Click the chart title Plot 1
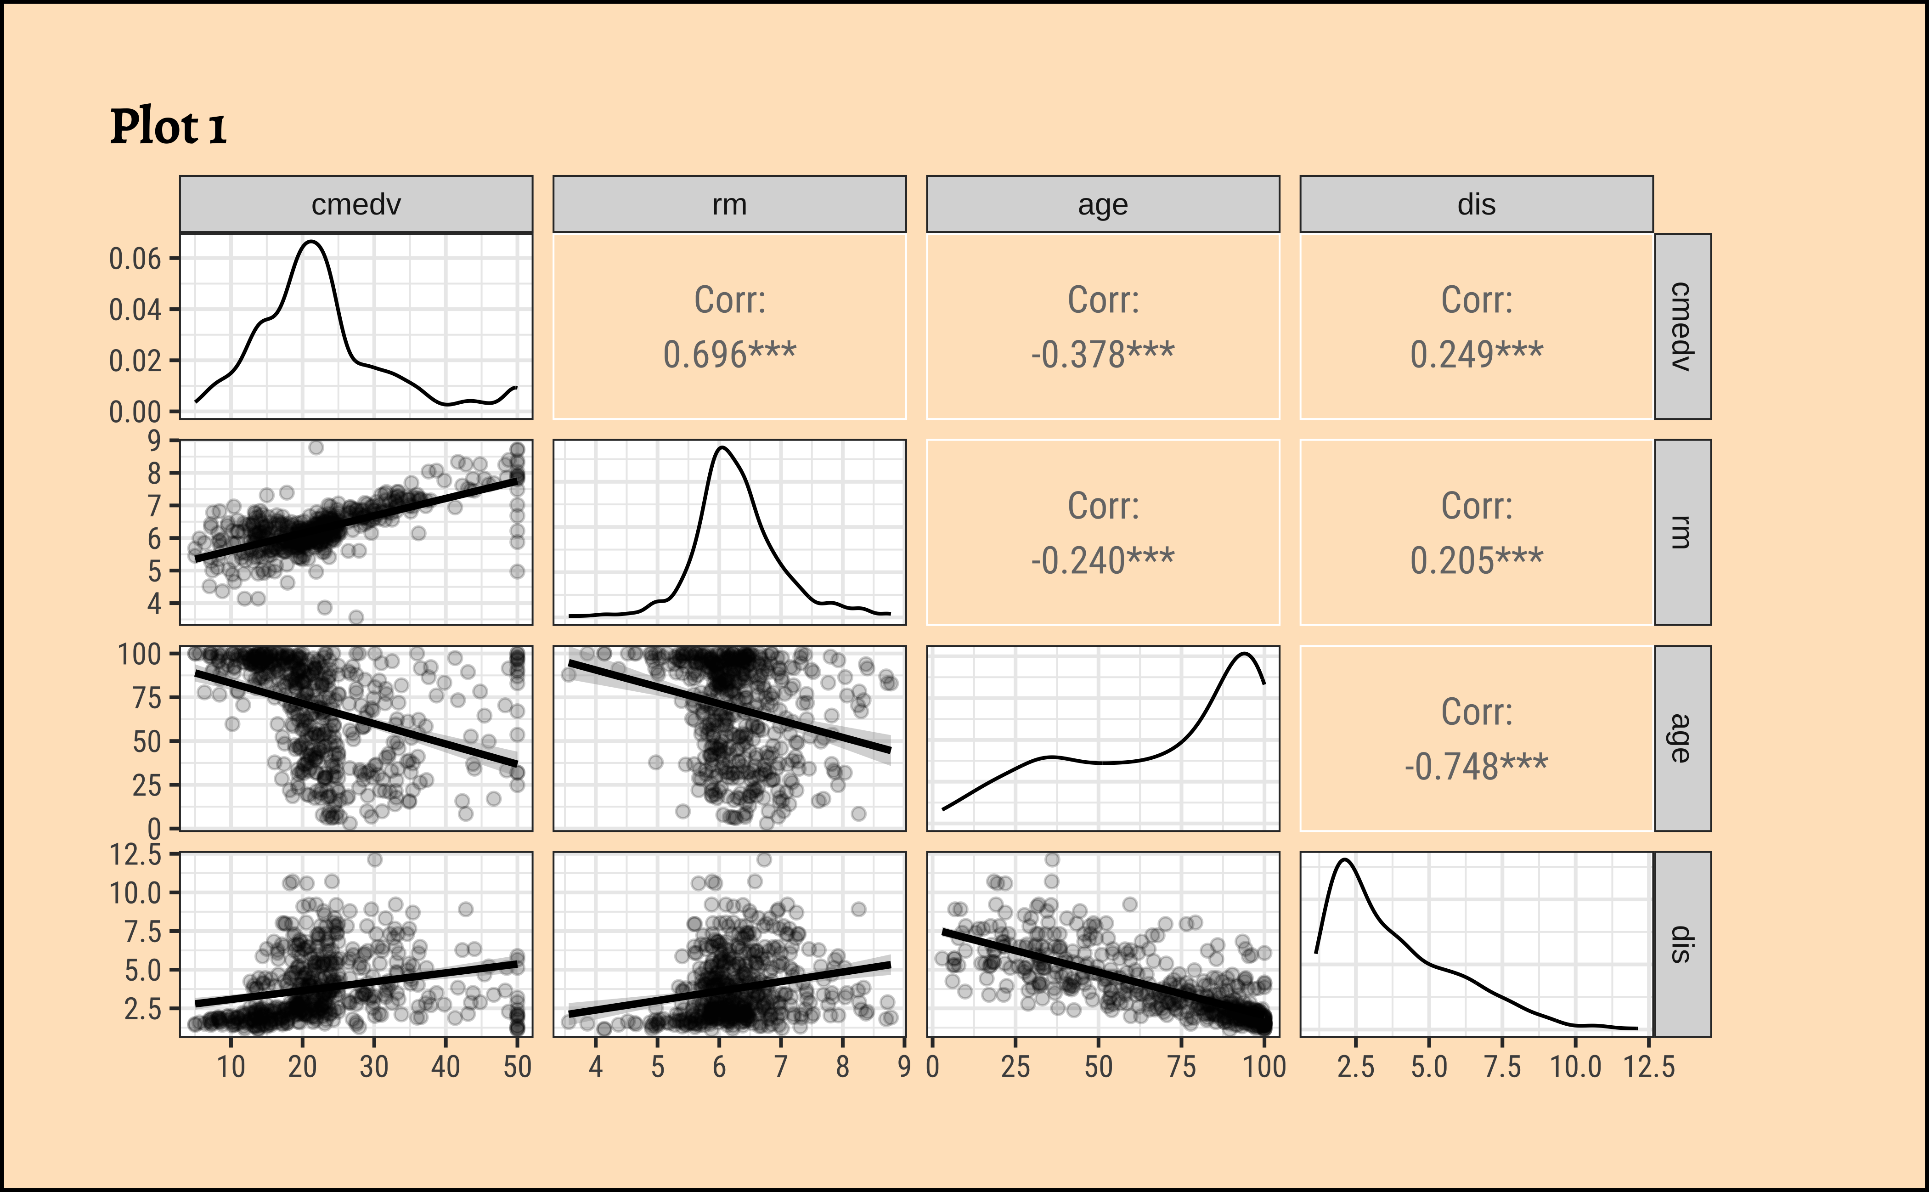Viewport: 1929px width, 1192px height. pos(168,128)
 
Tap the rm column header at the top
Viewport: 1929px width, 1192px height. pos(729,205)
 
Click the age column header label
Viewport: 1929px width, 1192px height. pos(1102,205)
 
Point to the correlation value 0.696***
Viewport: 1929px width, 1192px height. pos(729,355)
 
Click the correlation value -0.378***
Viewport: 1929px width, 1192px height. pos(1102,355)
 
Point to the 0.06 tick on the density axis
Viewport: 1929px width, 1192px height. pos(135,259)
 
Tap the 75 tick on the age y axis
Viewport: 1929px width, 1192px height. pos(150,698)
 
